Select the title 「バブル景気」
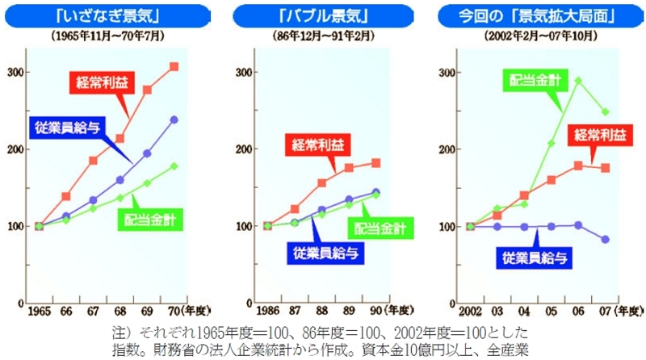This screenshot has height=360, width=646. (324, 15)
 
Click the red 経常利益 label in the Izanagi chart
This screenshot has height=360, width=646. (95, 81)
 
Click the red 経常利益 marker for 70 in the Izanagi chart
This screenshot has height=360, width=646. (174, 66)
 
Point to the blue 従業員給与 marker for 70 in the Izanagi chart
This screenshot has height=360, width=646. (174, 119)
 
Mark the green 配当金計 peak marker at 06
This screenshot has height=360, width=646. (578, 81)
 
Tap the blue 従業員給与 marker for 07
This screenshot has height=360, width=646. (606, 240)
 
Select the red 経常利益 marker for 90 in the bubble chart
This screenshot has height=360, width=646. (375, 163)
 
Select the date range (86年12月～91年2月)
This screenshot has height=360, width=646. (323, 36)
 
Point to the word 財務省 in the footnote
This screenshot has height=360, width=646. (187, 349)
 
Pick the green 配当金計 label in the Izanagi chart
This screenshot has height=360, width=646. (153, 218)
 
